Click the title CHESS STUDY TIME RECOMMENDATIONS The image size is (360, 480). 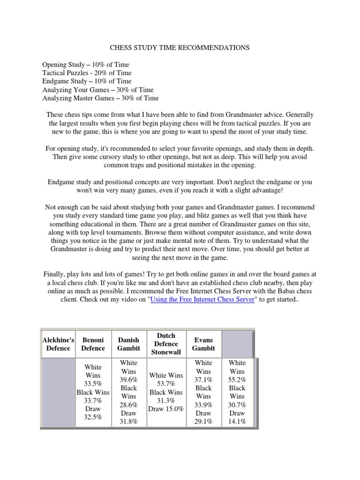tap(180, 48)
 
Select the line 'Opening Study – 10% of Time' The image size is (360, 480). tap(86, 65)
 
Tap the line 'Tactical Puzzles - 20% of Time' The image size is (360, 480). tap(87, 73)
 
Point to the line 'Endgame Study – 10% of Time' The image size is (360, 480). tap(87, 82)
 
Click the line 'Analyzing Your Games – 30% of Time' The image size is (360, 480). tap(98, 90)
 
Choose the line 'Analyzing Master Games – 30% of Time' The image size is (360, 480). tap(100, 98)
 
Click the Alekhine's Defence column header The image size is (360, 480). tap(58, 344)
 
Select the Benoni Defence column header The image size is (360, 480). tap(93, 344)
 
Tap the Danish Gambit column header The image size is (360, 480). tap(128, 344)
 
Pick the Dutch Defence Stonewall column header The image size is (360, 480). tap(166, 344)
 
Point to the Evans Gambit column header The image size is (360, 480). tap(203, 344)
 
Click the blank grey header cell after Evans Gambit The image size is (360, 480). tap(237, 344)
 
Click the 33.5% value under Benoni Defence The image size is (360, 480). tap(93, 384)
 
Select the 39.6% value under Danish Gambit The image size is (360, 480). tap(128, 380)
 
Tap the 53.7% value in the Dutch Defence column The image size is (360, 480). tap(166, 384)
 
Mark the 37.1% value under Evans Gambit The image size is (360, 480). tap(203, 380)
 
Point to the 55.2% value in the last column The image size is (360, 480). tap(237, 380)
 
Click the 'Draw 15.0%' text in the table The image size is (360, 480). tap(166, 409)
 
